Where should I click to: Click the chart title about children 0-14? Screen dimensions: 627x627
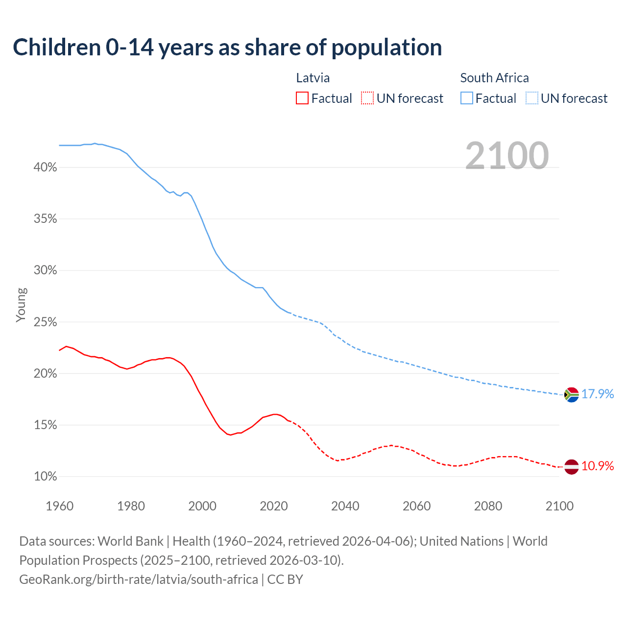(x=227, y=48)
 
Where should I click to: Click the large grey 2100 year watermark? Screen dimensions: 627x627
(x=507, y=156)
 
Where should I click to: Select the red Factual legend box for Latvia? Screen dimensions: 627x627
(x=302, y=98)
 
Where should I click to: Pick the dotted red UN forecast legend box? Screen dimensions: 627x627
(x=367, y=98)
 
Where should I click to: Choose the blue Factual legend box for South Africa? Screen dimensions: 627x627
(x=466, y=98)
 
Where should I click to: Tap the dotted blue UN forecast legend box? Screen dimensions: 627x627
(x=531, y=98)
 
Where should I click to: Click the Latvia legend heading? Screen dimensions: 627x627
(x=313, y=78)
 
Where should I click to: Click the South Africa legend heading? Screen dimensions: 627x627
(x=494, y=78)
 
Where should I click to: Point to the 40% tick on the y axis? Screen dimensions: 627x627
(x=45, y=168)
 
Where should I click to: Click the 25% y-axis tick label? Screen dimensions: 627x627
(x=45, y=322)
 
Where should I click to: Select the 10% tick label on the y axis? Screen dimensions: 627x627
(x=45, y=477)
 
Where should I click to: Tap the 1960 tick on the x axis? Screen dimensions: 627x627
(x=59, y=506)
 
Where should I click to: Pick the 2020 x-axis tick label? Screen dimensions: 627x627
(x=273, y=506)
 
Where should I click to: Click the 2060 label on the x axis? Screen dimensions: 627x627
(x=416, y=506)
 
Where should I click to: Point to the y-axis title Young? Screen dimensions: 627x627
(x=21, y=305)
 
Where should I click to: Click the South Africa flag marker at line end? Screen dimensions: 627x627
(x=571, y=394)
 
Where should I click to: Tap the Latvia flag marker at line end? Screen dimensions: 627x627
(x=571, y=466)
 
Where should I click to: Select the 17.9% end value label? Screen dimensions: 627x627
(x=598, y=394)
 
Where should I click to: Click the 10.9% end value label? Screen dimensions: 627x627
(x=598, y=466)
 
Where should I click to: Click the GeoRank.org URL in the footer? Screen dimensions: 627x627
(x=139, y=579)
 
